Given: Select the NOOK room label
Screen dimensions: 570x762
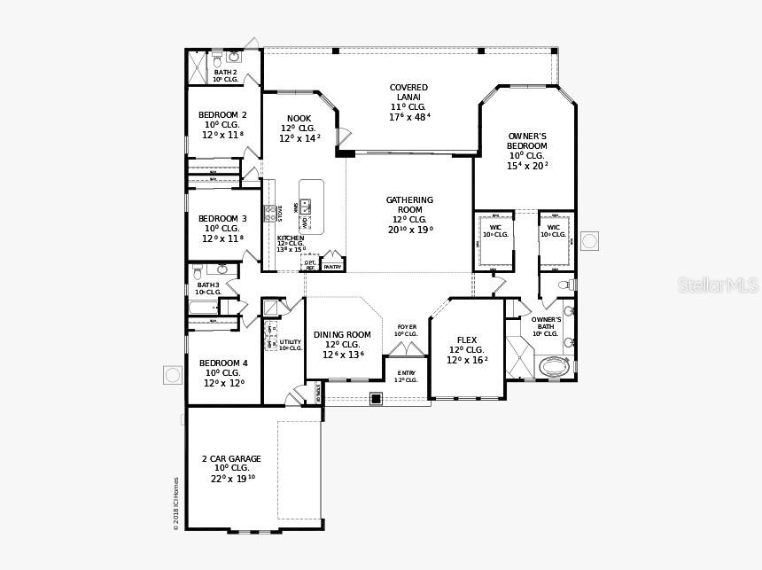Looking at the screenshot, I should [x=299, y=119].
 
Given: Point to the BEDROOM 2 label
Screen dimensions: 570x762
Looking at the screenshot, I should [x=222, y=115].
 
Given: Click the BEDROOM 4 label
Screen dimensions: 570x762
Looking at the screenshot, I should [x=223, y=363].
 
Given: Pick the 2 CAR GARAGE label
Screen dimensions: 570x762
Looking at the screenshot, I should [x=231, y=459].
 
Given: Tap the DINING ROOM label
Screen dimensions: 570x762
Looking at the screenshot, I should [x=342, y=335].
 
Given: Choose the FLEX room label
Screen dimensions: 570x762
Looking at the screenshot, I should [x=467, y=340].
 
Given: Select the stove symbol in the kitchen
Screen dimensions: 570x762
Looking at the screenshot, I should [x=270, y=214].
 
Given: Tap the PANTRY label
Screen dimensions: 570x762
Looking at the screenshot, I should [x=332, y=267].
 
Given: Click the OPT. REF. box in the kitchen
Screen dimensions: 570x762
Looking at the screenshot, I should [x=310, y=264].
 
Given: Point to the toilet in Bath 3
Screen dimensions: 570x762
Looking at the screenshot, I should [x=198, y=271].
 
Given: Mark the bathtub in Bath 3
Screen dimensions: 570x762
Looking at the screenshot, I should [x=203, y=308].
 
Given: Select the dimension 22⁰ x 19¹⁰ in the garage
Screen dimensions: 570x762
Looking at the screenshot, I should [x=232, y=479].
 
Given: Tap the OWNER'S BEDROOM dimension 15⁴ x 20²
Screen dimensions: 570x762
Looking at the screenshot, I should [x=527, y=166].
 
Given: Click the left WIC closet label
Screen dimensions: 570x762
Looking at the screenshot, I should [x=495, y=228].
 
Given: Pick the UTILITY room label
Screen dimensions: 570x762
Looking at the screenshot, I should [x=291, y=341].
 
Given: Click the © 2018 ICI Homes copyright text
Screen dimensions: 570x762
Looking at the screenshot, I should [x=175, y=504].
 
